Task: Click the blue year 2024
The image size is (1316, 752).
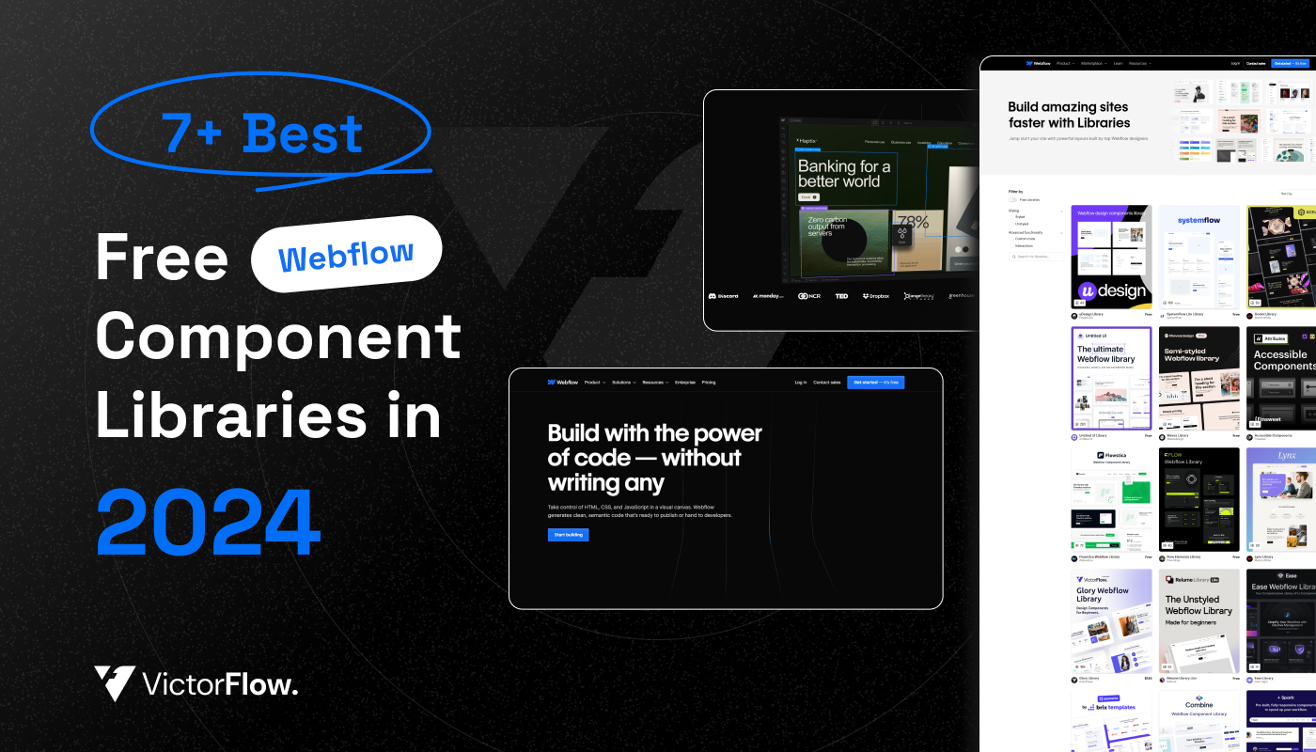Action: click(x=208, y=523)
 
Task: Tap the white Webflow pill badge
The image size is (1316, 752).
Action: click(x=346, y=254)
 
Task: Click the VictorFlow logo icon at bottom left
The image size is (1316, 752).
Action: click(x=115, y=682)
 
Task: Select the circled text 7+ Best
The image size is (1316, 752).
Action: click(x=262, y=133)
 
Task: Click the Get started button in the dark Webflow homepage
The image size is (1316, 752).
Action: click(x=874, y=383)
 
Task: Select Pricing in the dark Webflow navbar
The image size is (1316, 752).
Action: click(x=708, y=383)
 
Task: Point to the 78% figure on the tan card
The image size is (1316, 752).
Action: click(x=912, y=223)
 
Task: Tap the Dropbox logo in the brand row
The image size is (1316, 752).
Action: click(x=875, y=296)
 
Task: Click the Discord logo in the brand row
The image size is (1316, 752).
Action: click(x=724, y=296)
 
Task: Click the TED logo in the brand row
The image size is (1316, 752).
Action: click(x=840, y=296)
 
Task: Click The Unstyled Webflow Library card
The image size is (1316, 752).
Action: click(x=1198, y=620)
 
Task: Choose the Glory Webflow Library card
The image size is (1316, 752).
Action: click(x=1111, y=620)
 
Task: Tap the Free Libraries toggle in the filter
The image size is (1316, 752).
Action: click(x=1012, y=199)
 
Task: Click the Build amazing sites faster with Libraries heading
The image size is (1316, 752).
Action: click(x=1069, y=115)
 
